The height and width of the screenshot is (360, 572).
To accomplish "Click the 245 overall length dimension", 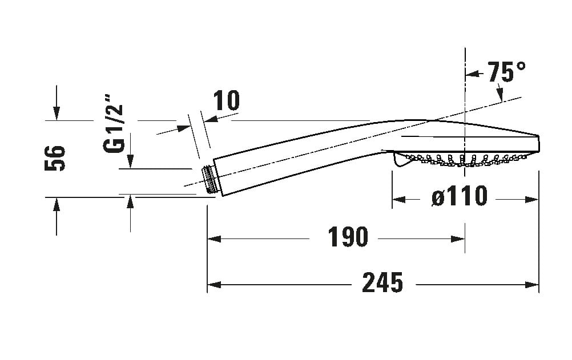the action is pos(382,282).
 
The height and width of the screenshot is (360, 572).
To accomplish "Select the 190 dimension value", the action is pos(348,237).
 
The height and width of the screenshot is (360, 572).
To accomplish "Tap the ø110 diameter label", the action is pos(460,196).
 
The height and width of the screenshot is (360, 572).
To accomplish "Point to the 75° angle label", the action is pos(507,72).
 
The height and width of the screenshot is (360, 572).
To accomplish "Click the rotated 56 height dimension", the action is pos(55,158).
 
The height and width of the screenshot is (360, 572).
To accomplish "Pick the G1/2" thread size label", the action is pos(114,124).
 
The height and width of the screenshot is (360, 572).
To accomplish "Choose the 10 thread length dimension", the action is pos(227,100).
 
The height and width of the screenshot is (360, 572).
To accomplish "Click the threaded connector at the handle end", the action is pos(210,180).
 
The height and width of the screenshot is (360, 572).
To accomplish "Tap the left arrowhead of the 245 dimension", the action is pos(214,285).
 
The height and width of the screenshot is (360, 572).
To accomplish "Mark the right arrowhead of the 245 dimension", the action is pos(532,285).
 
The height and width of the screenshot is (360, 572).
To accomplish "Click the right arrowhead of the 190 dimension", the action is pos(458,239).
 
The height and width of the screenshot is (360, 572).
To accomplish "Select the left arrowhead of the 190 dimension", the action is pos(214,239).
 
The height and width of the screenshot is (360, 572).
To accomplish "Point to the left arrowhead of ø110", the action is pos(398,200).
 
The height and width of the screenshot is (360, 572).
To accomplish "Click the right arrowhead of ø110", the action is pos(532,200).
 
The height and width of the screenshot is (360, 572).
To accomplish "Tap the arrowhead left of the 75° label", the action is pos(472,74).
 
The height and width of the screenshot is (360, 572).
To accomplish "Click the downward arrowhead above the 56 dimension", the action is pos(56,114).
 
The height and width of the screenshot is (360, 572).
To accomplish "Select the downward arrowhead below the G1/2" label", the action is pos(130,161).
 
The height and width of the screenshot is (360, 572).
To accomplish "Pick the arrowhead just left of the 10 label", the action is pos(211,118).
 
